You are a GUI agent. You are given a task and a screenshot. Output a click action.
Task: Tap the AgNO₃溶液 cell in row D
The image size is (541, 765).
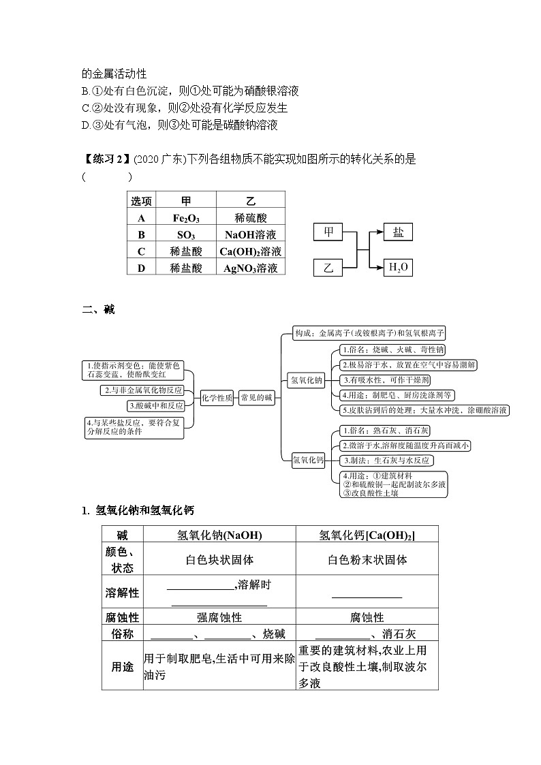tap(250, 268)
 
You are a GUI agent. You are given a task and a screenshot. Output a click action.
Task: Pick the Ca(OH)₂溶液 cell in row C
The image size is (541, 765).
tap(250, 251)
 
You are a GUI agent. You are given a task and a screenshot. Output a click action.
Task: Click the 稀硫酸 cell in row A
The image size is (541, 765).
tap(250, 218)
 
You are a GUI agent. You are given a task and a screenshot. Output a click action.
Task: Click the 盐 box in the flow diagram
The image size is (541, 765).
tap(398, 232)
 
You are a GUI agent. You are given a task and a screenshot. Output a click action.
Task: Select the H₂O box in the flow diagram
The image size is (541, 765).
tap(398, 267)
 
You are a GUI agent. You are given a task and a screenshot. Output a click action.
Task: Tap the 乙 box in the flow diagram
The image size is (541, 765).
tap(328, 268)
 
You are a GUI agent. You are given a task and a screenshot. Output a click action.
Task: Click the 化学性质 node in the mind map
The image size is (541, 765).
tap(217, 398)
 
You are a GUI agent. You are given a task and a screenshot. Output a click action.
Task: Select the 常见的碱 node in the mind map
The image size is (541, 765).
tap(257, 398)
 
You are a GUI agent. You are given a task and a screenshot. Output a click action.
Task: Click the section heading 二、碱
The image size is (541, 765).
tap(99, 310)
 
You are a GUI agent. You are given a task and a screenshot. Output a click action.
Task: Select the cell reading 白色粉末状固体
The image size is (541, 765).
tap(367, 560)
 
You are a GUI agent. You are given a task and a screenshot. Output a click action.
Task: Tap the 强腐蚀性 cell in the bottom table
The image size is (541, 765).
tap(219, 617)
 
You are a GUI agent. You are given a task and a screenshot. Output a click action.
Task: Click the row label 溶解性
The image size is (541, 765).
tap(122, 593)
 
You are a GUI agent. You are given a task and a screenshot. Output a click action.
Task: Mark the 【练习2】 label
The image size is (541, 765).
tap(106, 159)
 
